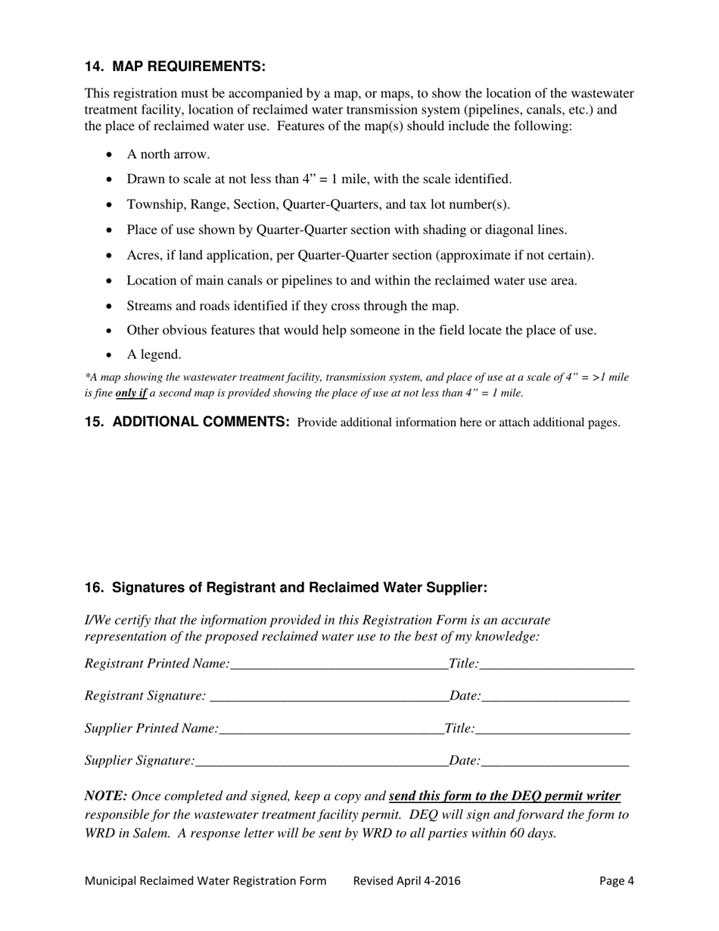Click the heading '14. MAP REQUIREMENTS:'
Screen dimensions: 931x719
click(x=175, y=67)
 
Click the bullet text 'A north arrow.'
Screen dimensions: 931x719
click(x=168, y=154)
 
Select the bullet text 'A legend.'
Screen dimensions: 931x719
click(x=154, y=354)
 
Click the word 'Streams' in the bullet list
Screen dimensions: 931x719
click(x=149, y=306)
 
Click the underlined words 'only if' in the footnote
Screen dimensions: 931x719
click(x=131, y=393)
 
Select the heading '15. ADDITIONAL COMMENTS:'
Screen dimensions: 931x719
click(x=187, y=422)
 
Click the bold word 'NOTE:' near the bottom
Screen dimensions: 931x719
click(x=106, y=796)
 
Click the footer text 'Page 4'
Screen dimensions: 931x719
click(x=616, y=880)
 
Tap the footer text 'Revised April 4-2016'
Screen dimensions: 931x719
click(x=406, y=880)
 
